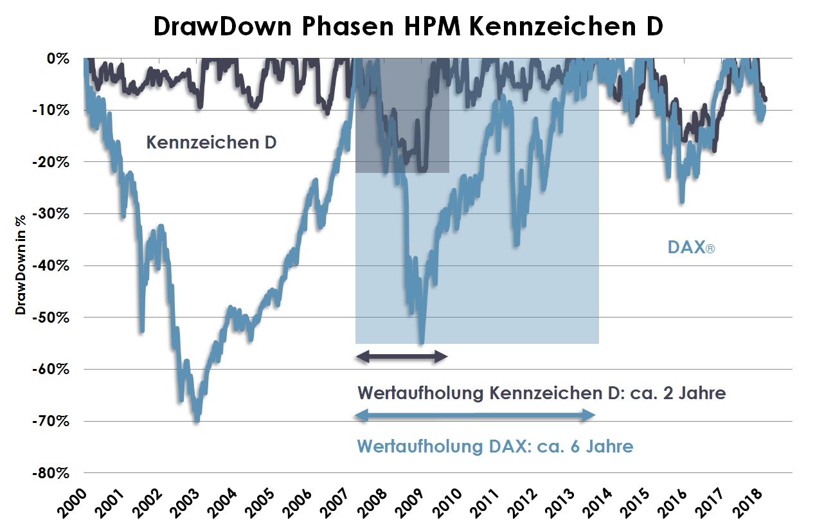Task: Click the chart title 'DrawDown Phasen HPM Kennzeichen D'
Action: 407,27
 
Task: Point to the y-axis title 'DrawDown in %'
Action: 21,265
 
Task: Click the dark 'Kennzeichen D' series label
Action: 211,142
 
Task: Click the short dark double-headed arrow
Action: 401,357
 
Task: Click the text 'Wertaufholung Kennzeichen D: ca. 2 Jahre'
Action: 541,393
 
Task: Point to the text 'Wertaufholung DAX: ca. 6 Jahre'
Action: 495,445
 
